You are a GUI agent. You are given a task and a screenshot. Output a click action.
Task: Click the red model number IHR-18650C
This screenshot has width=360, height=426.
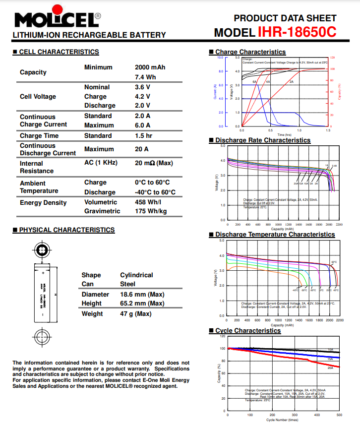[297, 32]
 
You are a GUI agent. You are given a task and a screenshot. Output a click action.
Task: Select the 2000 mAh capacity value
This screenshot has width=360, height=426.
[150, 67]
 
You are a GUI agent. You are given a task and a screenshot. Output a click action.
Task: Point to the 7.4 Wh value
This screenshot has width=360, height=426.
[145, 77]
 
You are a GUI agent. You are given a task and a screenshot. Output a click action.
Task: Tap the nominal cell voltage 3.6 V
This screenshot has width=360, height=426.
[142, 87]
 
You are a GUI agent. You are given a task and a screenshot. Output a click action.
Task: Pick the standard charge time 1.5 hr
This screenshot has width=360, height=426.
[143, 135]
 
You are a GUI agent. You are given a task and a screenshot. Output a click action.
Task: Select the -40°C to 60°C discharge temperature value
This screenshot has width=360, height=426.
[155, 192]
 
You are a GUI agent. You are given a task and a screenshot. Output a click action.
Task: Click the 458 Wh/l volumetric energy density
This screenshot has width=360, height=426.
[148, 202]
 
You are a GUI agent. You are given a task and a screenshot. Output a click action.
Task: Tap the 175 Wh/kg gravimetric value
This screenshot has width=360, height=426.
[151, 211]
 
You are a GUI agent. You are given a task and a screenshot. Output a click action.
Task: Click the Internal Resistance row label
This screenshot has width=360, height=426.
[36, 167]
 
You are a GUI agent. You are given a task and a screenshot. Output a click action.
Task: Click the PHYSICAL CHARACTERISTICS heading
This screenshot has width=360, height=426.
[66, 230]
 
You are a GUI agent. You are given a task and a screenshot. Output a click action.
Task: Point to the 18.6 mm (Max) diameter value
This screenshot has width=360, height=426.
[142, 294]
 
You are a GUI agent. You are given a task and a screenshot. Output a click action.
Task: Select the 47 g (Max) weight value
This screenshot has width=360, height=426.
[135, 313]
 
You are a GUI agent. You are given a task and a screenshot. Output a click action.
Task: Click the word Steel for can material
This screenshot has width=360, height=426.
[127, 284]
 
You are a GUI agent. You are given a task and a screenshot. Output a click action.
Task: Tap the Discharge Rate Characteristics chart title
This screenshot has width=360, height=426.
[262, 140]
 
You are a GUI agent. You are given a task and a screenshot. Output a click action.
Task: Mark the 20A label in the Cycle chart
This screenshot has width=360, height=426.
[330, 368]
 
